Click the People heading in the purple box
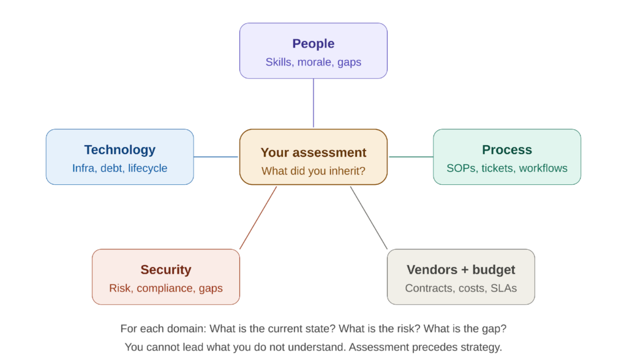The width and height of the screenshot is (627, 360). coord(313,43)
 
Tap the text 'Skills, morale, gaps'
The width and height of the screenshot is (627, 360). coord(313,62)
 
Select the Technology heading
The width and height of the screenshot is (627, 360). coord(119,149)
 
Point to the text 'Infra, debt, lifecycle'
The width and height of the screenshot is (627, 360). coord(119,168)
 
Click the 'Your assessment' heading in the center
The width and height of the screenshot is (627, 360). coord(313,152)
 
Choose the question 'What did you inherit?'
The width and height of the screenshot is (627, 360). coord(313,171)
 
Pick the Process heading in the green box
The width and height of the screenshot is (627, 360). coord(506,149)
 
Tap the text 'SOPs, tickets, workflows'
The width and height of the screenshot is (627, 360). coord(506,168)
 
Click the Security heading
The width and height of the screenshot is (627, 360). coord(165,269)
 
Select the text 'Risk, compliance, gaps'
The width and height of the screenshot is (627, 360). coord(165,288)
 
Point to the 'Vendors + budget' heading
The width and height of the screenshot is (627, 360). coord(460,269)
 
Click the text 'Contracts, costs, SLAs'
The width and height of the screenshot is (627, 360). coord(460,288)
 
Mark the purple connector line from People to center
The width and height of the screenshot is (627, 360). coord(313,103)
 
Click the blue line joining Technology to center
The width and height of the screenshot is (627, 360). coord(216,157)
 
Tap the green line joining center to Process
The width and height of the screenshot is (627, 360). coord(410,157)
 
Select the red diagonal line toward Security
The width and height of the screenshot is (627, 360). coord(258,218)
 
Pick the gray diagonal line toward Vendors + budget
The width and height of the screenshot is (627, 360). coord(369,218)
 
